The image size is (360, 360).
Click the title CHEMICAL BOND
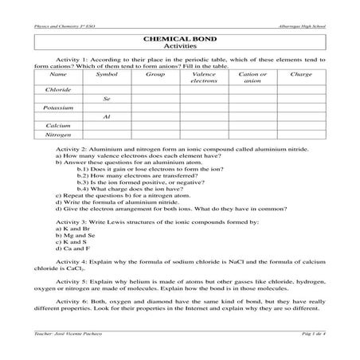tap(179, 37)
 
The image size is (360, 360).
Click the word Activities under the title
tap(179, 47)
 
